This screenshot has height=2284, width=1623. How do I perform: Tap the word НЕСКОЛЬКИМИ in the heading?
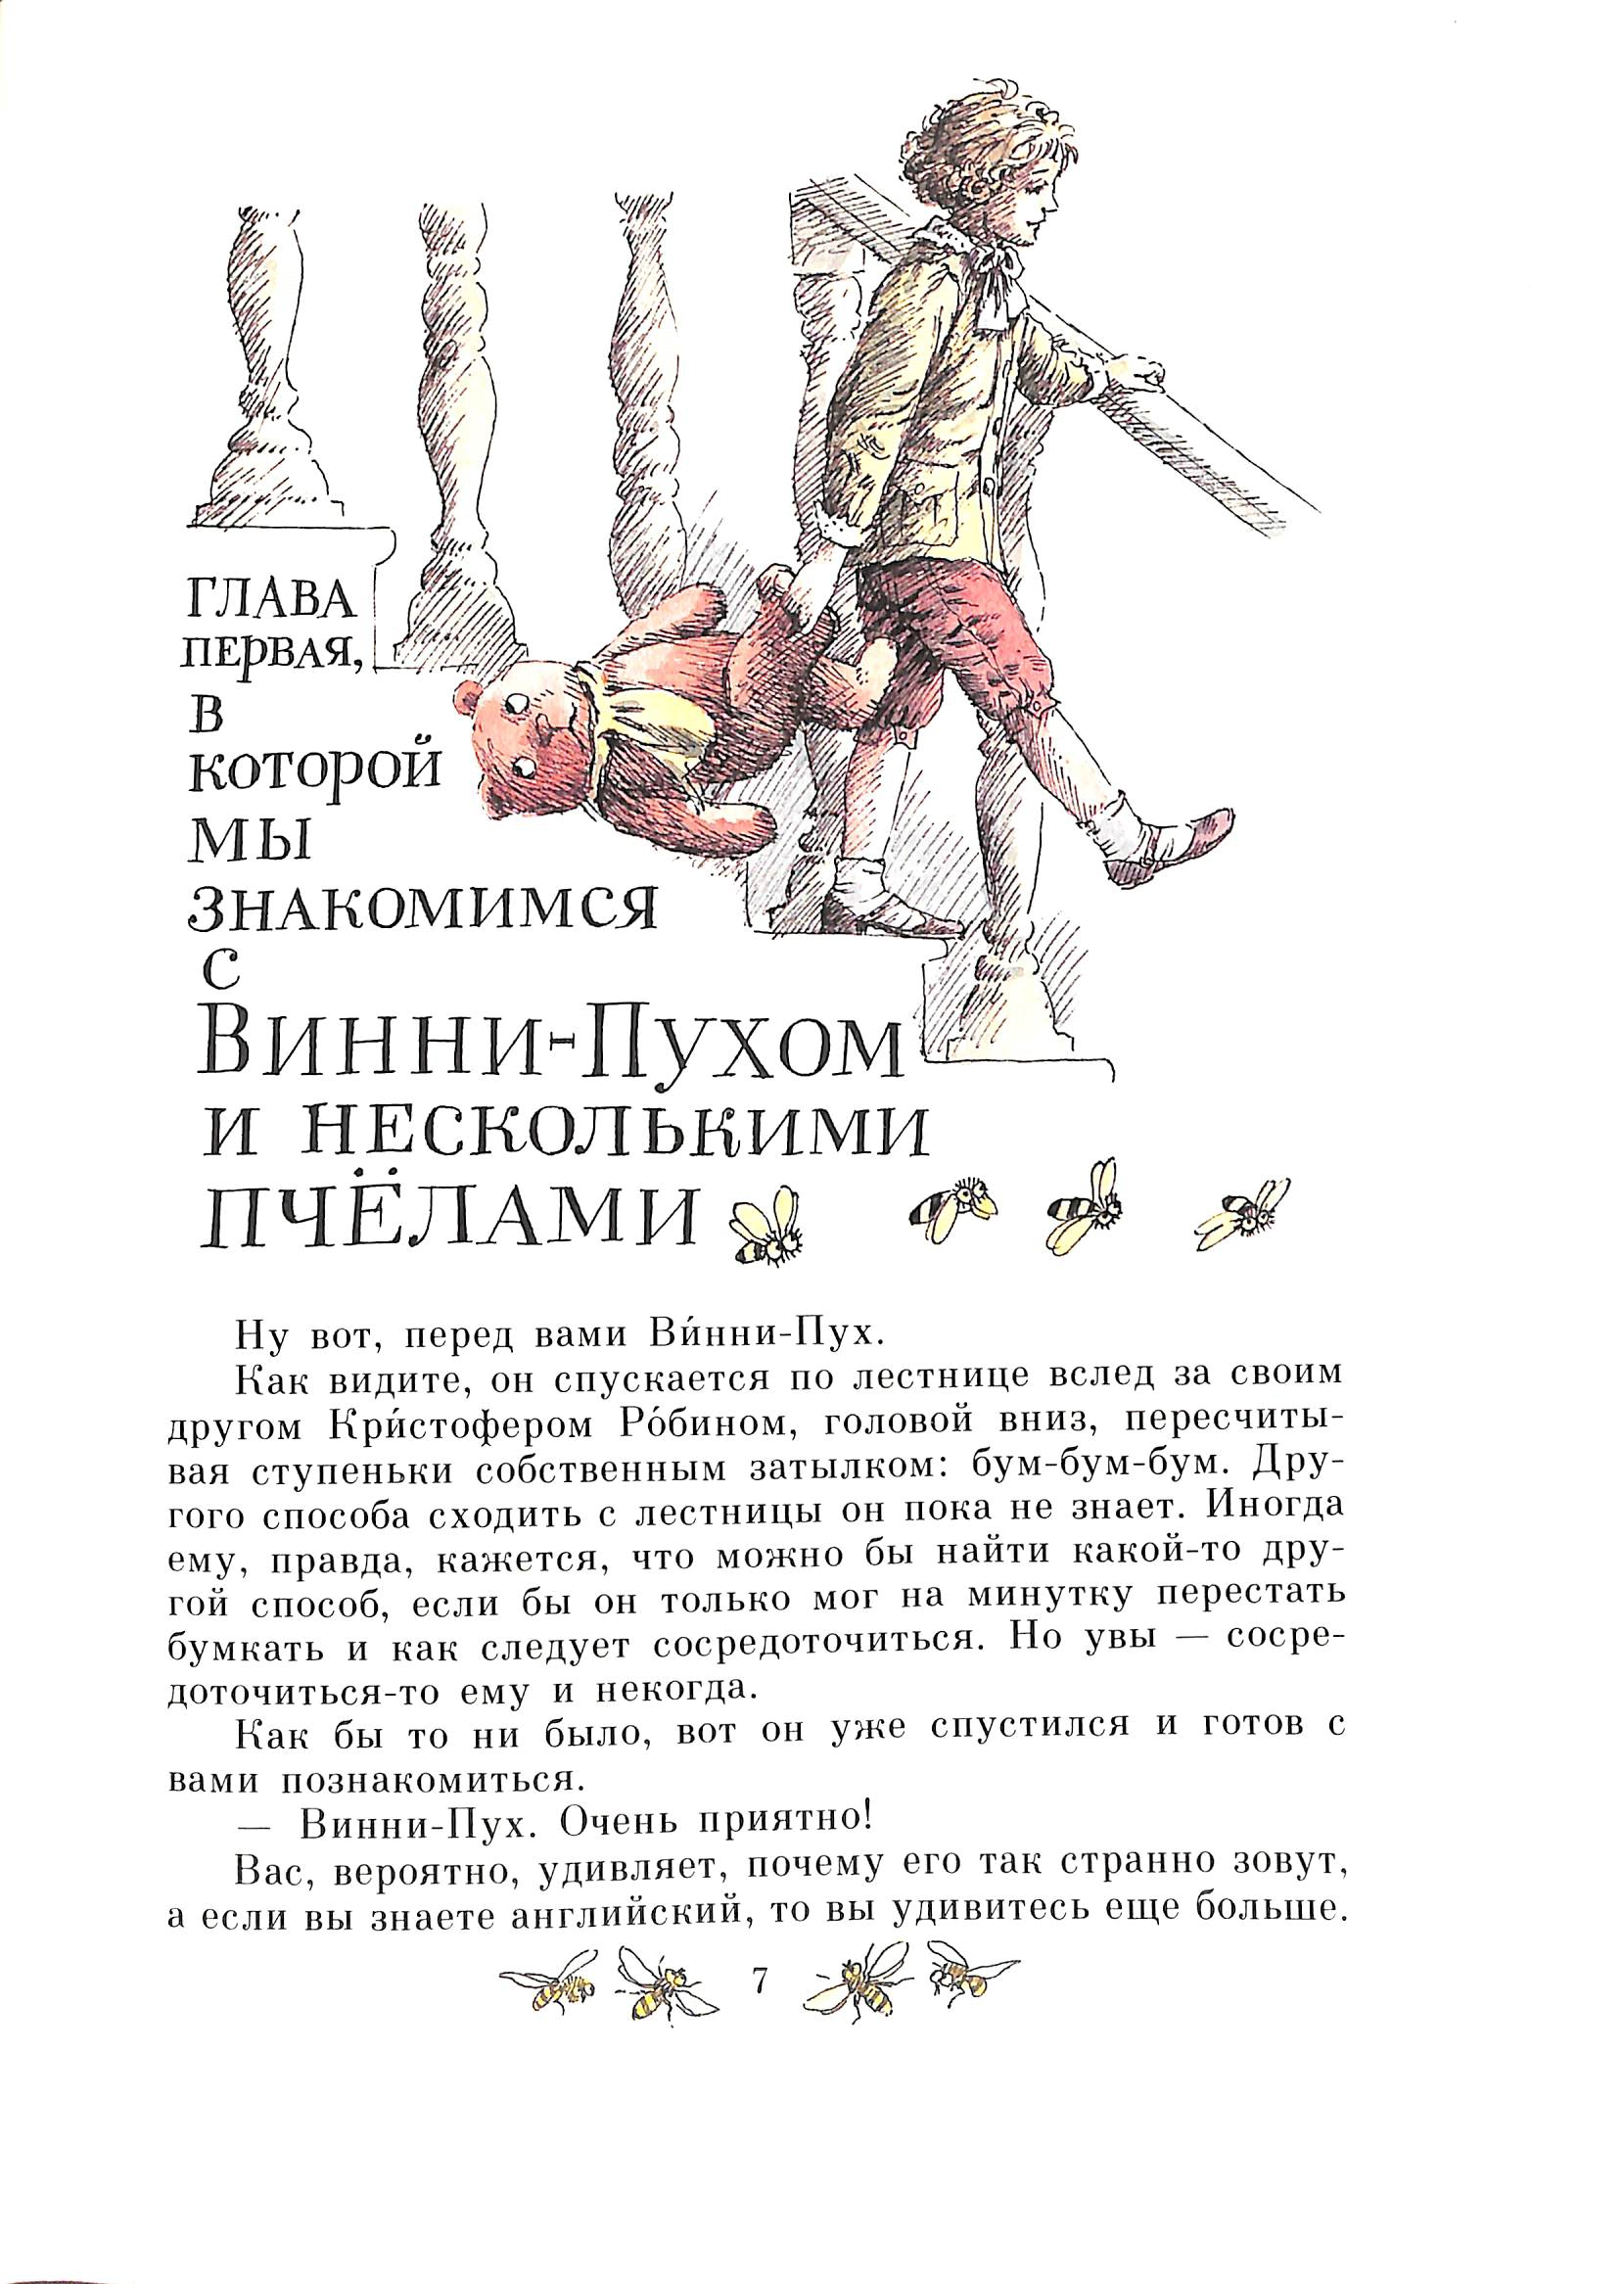567,1139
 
